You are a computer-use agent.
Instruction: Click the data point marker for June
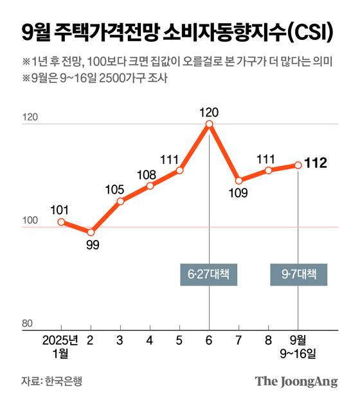point(209,124)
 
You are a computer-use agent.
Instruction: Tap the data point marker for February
point(91,232)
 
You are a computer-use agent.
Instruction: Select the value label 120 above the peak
point(209,112)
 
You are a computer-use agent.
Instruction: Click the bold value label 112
point(316,163)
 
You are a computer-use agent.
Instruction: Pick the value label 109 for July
point(238,192)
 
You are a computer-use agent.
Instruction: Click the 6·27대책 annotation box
point(209,275)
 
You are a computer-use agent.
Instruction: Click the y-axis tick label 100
point(30,221)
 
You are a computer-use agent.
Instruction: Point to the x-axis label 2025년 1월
point(60,346)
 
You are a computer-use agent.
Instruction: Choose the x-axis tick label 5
point(179,340)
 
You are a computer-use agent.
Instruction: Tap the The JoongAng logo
point(296,381)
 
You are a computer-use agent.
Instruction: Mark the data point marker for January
point(61,222)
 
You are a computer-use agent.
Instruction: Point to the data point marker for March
point(120,201)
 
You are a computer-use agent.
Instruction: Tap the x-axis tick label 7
point(239,340)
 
